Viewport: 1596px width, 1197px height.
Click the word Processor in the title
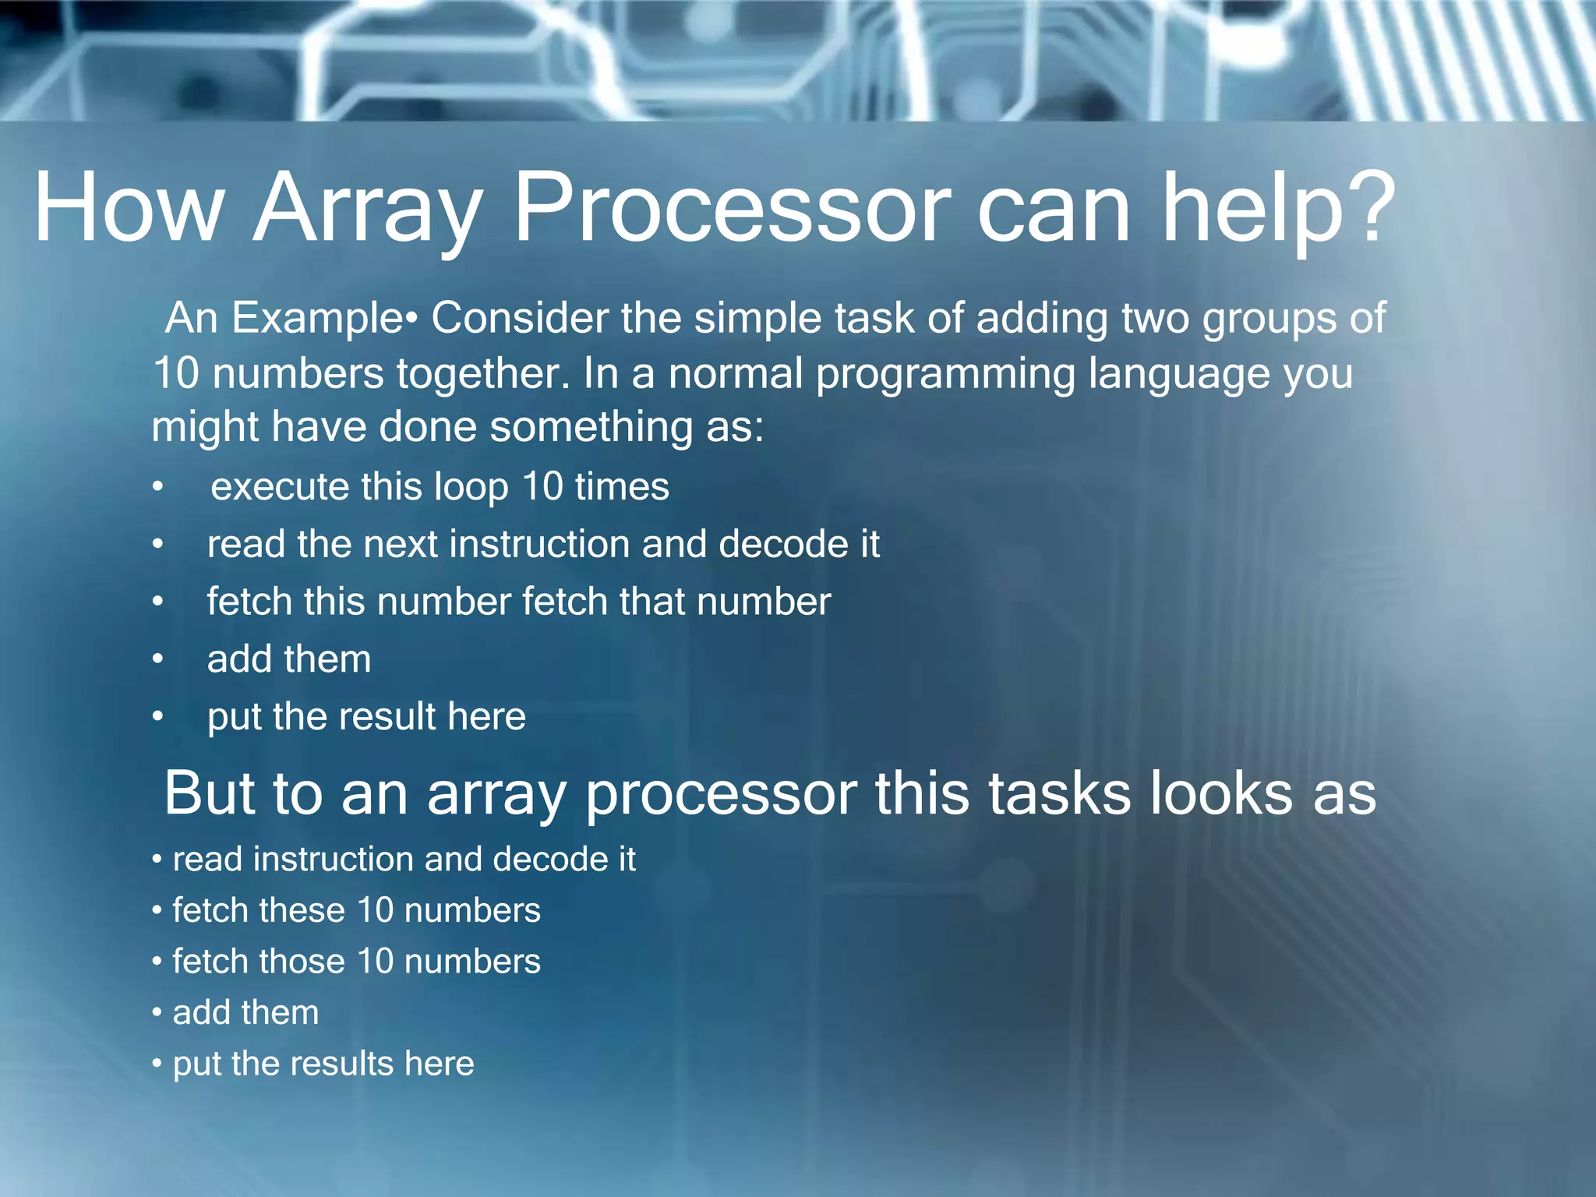coord(733,208)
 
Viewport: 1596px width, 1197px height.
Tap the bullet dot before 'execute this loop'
coord(158,488)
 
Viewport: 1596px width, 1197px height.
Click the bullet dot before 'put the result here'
coord(158,717)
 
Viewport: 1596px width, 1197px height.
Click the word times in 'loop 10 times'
coord(621,487)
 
